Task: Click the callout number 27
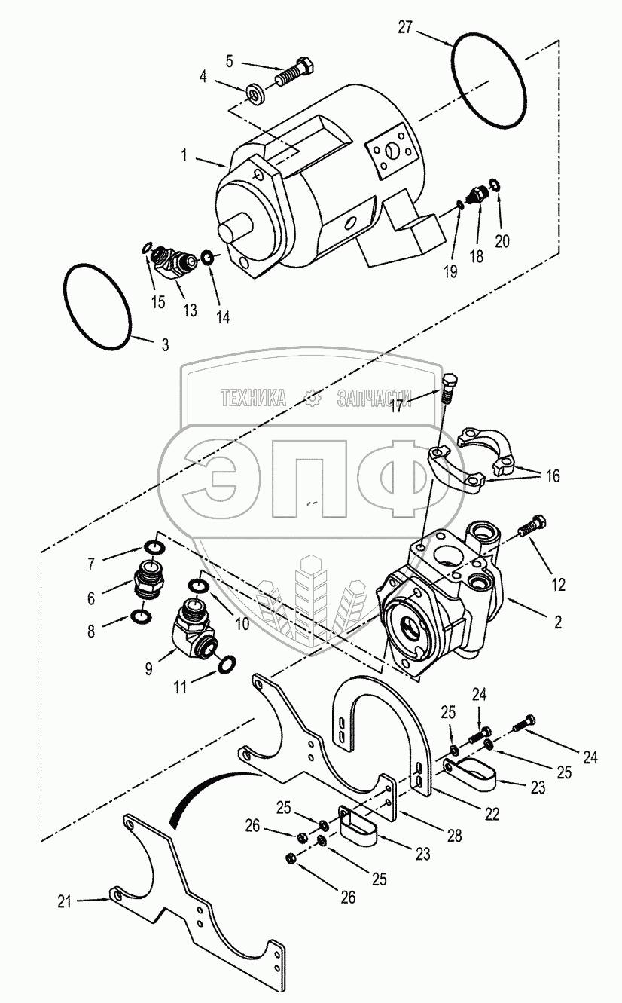pyautogui.click(x=406, y=29)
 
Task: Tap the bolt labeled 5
pyautogui.click(x=294, y=71)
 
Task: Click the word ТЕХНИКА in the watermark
pyautogui.click(x=252, y=399)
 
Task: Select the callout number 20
pyautogui.click(x=502, y=241)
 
